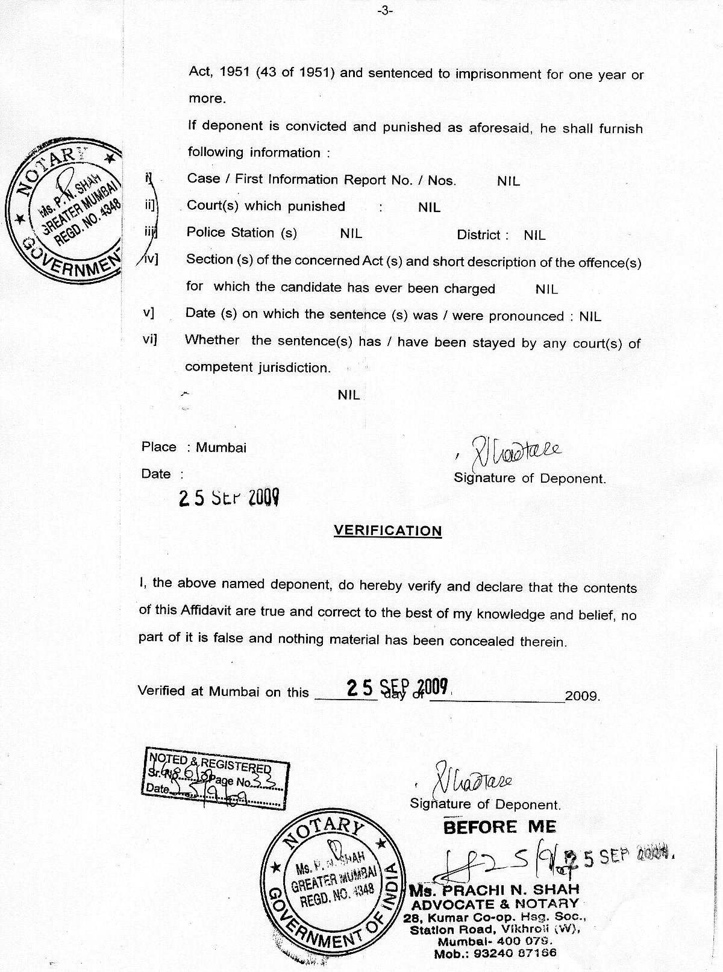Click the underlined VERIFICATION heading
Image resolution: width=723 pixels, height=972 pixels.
point(387,531)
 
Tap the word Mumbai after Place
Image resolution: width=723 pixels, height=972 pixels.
point(221,448)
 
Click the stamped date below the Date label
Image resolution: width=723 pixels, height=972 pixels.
point(229,498)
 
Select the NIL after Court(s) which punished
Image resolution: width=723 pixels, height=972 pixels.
point(429,207)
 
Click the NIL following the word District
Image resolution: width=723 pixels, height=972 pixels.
point(534,235)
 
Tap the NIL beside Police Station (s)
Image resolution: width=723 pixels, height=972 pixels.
point(351,233)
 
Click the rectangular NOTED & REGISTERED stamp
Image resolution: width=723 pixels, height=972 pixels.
point(216,777)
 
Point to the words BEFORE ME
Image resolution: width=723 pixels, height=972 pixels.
point(499,827)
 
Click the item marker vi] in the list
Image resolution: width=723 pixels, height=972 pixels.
point(149,339)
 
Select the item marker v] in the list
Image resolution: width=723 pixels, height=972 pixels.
point(148,313)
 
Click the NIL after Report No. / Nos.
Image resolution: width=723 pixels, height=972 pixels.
point(509,181)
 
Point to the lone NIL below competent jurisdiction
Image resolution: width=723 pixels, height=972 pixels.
point(349,395)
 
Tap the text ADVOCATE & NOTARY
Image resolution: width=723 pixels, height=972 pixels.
point(495,903)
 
